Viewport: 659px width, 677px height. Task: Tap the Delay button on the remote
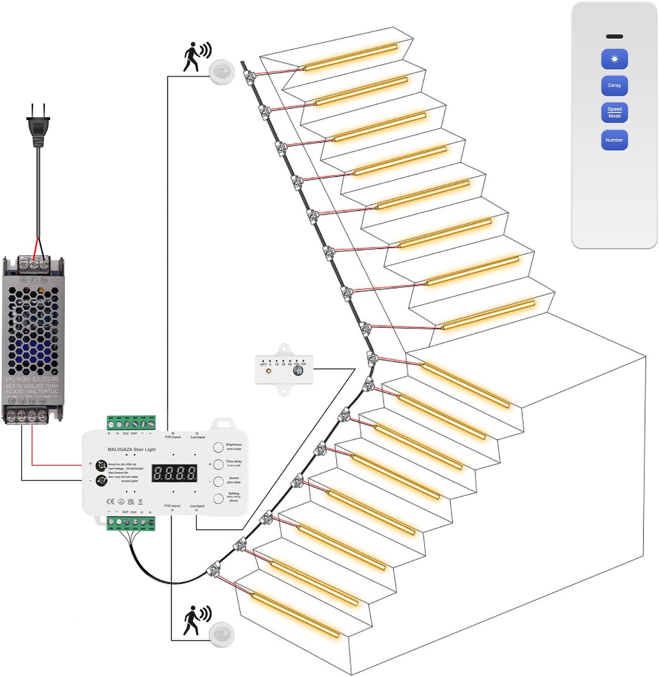coord(614,86)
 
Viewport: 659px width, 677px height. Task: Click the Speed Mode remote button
coord(614,112)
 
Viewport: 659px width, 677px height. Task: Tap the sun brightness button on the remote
coord(614,59)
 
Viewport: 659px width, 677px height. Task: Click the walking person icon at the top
coord(196,56)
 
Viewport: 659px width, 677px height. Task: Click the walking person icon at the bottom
coord(196,620)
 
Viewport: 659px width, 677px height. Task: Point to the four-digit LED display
coord(175,473)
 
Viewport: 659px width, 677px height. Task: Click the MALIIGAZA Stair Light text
coord(131,449)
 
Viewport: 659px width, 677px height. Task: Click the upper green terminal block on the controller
coord(131,423)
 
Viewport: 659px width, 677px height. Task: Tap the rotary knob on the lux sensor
coord(298,371)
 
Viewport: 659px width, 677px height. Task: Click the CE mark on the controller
coord(110,502)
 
